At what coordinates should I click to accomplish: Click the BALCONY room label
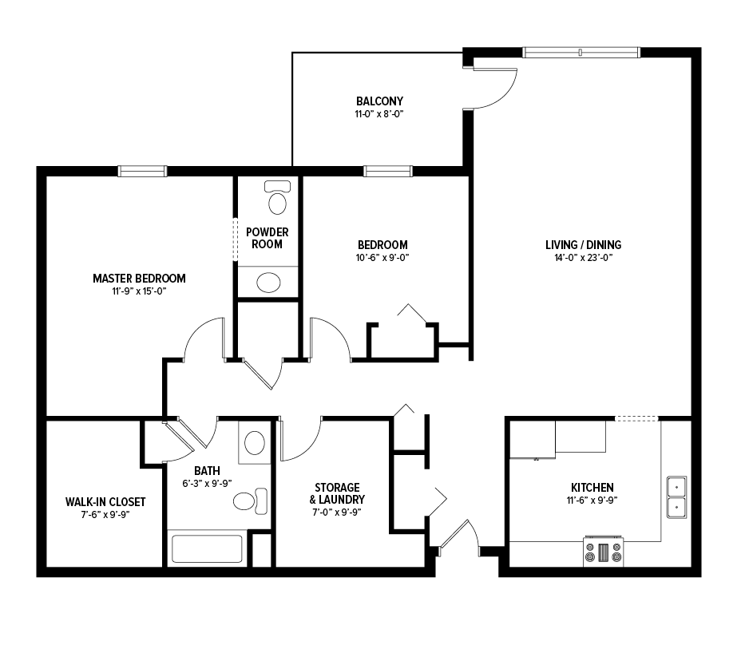(x=379, y=101)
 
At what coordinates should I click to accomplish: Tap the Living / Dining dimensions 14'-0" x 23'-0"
(x=583, y=258)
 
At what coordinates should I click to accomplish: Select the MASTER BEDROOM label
(x=139, y=279)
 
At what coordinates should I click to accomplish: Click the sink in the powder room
(x=268, y=283)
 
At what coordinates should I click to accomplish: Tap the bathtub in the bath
(x=207, y=548)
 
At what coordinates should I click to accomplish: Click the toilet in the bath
(x=250, y=501)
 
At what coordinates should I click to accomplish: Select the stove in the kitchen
(x=604, y=552)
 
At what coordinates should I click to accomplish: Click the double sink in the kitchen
(x=676, y=497)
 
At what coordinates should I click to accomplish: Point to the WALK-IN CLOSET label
(x=105, y=502)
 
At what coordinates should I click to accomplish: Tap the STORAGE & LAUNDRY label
(x=337, y=494)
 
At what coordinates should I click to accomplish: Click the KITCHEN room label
(x=592, y=488)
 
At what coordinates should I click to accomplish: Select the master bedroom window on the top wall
(x=142, y=171)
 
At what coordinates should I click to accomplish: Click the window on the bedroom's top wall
(x=388, y=171)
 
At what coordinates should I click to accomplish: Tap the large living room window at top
(x=581, y=53)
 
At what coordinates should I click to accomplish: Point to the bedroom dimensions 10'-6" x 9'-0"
(x=382, y=258)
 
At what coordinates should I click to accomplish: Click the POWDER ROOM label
(x=267, y=239)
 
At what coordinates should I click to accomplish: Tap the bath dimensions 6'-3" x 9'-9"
(x=207, y=484)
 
